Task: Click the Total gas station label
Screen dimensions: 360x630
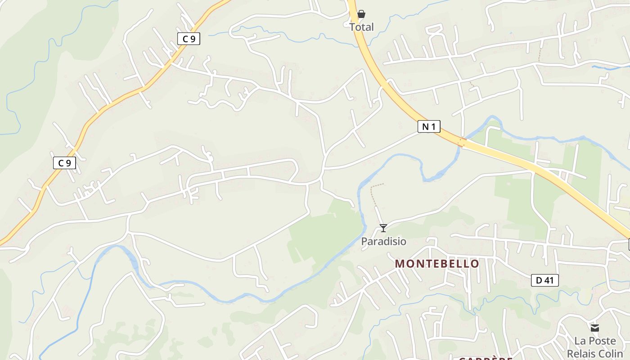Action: click(361, 27)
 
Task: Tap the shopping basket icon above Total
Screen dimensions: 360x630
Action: click(361, 14)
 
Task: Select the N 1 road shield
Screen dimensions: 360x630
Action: click(428, 126)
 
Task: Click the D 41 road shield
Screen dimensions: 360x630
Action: click(544, 280)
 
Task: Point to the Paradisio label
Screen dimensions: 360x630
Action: click(383, 242)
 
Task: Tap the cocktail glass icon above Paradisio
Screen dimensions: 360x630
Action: click(383, 228)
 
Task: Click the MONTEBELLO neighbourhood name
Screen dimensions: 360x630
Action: click(437, 264)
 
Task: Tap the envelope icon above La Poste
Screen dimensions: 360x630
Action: click(595, 328)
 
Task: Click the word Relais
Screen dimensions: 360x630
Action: click(581, 353)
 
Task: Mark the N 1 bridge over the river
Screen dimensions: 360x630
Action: click(461, 143)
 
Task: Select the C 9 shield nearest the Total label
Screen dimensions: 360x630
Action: click(189, 39)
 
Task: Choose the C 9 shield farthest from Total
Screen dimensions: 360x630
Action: click(65, 163)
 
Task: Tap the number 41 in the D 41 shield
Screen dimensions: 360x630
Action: click(548, 280)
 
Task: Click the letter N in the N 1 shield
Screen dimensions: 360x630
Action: click(425, 126)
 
